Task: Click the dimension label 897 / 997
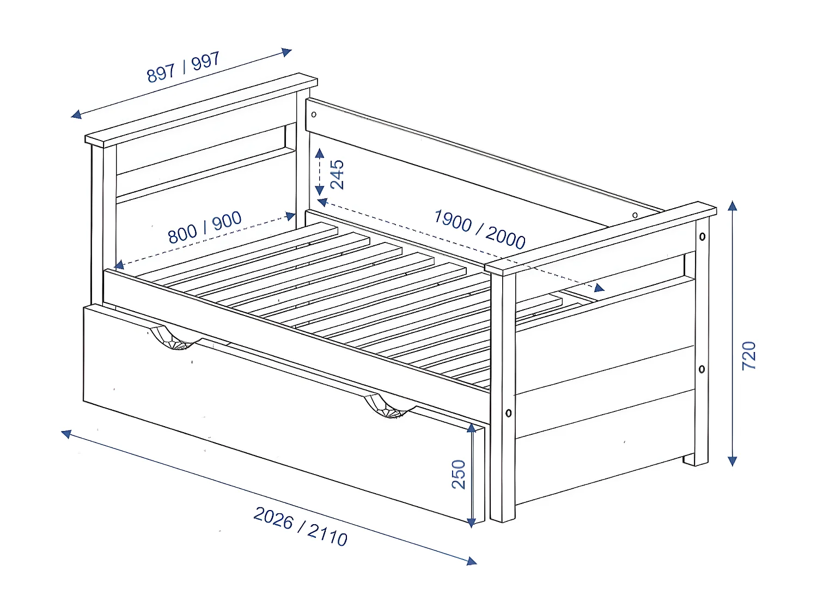(x=183, y=67)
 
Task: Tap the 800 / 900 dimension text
(x=205, y=227)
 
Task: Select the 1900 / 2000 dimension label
(x=479, y=229)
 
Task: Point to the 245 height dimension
(x=337, y=174)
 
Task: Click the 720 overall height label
(x=749, y=356)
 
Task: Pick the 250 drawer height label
(x=459, y=474)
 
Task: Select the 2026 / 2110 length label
(x=301, y=526)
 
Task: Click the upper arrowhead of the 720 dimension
(x=733, y=206)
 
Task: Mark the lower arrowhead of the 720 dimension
(x=733, y=461)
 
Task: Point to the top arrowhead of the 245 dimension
(x=320, y=153)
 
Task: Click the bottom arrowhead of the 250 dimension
(x=472, y=523)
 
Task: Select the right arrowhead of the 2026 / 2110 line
(x=472, y=561)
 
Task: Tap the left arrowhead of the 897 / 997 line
(x=76, y=114)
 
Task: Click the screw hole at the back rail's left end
(x=314, y=114)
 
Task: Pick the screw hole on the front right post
(x=508, y=413)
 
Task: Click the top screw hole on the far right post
(x=702, y=236)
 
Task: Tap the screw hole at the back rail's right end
(x=635, y=215)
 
